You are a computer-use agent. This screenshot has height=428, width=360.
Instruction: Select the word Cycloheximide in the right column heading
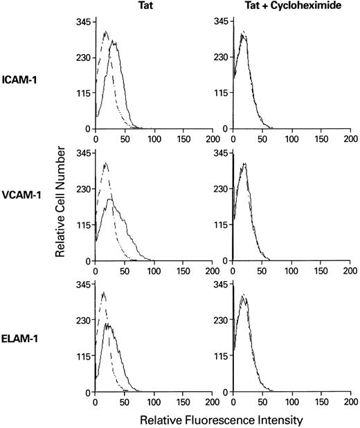pyautogui.click(x=303, y=6)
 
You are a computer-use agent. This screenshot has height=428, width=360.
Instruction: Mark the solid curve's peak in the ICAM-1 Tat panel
pyautogui.click(x=114, y=42)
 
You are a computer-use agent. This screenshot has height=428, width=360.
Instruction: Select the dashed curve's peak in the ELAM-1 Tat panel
pyautogui.click(x=103, y=293)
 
